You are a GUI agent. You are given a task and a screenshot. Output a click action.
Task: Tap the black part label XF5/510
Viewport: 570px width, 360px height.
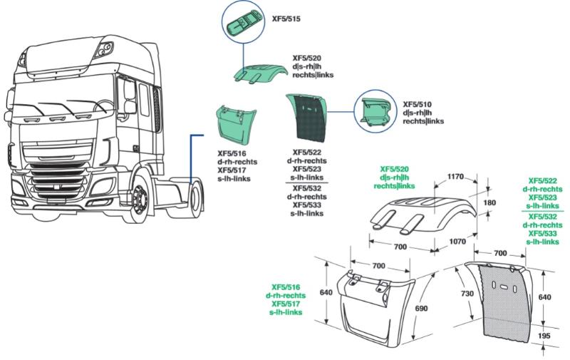pyautogui.click(x=417, y=104)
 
